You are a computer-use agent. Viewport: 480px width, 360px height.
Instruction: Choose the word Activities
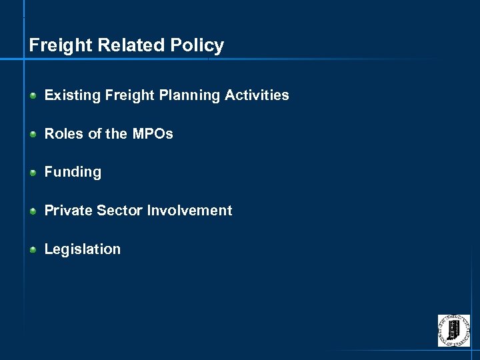click(x=257, y=95)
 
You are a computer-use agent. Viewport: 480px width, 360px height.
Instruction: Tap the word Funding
click(x=73, y=172)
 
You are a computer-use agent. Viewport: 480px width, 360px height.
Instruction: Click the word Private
click(x=68, y=211)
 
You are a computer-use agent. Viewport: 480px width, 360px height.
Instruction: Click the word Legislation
click(x=83, y=249)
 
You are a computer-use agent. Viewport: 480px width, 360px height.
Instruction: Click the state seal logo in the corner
click(x=453, y=331)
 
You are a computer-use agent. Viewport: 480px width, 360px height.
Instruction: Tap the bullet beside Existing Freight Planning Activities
click(x=33, y=96)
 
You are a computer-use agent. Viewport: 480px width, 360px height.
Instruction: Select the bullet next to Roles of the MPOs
click(x=33, y=135)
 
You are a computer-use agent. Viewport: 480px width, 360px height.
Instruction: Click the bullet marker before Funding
click(x=33, y=173)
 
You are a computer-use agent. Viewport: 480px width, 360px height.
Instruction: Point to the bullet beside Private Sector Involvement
click(x=33, y=211)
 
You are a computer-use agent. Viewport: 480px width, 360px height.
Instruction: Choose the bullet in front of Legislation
click(x=33, y=250)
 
